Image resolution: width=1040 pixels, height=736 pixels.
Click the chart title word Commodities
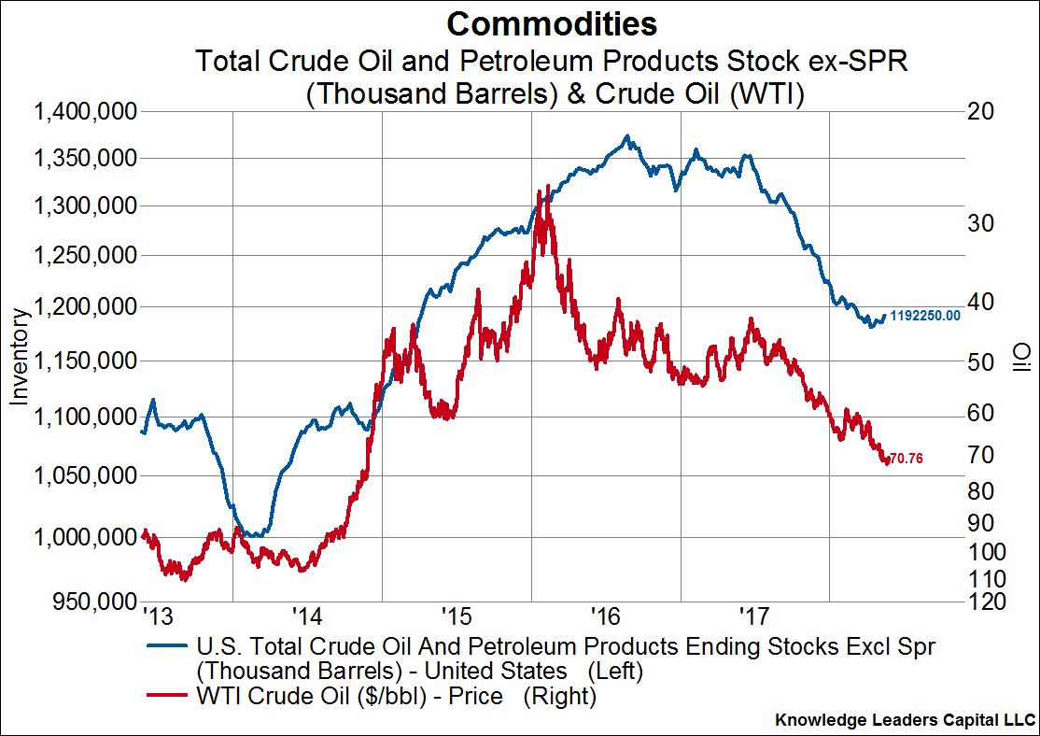551,22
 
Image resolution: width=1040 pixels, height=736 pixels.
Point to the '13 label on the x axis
158,616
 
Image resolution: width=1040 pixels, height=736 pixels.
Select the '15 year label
456,616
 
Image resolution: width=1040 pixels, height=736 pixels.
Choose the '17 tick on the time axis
753,616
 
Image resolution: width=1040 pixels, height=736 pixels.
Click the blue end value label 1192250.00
925,316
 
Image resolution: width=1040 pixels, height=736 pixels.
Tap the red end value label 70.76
906,459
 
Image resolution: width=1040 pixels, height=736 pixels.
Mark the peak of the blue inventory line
627,135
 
